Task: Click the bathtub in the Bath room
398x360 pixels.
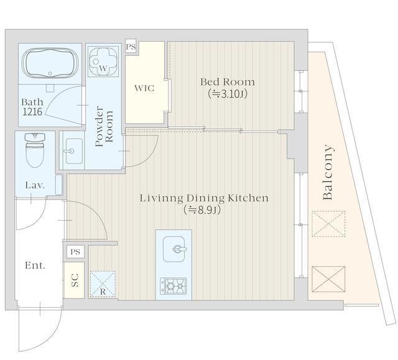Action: click(50, 63)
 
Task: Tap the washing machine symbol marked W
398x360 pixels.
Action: click(103, 62)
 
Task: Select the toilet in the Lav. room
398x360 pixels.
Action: click(35, 150)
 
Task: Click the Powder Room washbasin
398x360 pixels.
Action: click(74, 151)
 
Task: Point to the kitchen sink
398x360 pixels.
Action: click(174, 249)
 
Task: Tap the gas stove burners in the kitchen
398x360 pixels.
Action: click(173, 286)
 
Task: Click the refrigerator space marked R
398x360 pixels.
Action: click(103, 284)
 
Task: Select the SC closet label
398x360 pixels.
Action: click(75, 280)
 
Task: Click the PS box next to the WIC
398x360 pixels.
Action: click(131, 47)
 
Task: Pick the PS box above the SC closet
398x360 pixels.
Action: click(75, 252)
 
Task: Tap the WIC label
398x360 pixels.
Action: click(144, 88)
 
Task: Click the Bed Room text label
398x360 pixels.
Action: click(228, 82)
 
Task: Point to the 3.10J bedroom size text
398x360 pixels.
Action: click(228, 94)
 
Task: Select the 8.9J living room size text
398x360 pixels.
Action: click(202, 210)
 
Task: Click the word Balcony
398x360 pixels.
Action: click(328, 172)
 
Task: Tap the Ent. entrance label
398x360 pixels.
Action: click(35, 265)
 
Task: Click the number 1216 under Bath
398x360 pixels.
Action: click(32, 112)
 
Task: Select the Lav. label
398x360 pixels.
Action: click(35, 185)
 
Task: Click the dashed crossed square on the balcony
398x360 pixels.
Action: click(328, 224)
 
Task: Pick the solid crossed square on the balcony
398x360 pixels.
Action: click(328, 279)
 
